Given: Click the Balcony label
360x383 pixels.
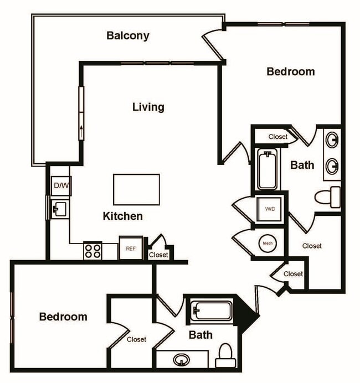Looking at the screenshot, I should [x=128, y=36].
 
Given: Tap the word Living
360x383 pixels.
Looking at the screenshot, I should [x=148, y=107].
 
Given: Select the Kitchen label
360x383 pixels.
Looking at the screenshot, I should [x=123, y=216].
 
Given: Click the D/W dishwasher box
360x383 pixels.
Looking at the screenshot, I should [x=60, y=186].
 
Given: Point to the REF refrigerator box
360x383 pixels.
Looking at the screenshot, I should [x=131, y=249].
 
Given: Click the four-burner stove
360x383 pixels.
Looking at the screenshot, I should [x=92, y=251].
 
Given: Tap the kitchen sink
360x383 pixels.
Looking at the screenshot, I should [x=59, y=209].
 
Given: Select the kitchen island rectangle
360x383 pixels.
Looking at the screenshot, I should [x=136, y=189].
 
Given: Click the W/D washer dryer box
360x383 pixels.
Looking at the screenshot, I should [x=270, y=209].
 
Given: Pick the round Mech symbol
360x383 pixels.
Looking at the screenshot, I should [x=268, y=243].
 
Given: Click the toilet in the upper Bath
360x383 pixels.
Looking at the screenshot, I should [x=328, y=196].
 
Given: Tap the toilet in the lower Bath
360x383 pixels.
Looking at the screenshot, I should [x=225, y=356].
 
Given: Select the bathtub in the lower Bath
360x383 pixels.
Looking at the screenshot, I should [x=211, y=310].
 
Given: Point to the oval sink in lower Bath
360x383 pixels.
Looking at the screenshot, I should [x=181, y=360].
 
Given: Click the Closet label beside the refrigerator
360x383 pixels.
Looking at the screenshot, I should [x=158, y=255].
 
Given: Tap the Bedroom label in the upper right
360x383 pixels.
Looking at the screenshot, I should [x=291, y=71].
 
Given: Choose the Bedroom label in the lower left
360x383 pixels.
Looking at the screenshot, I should [x=63, y=317].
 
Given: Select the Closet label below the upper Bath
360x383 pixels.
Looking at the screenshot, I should [x=312, y=246].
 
